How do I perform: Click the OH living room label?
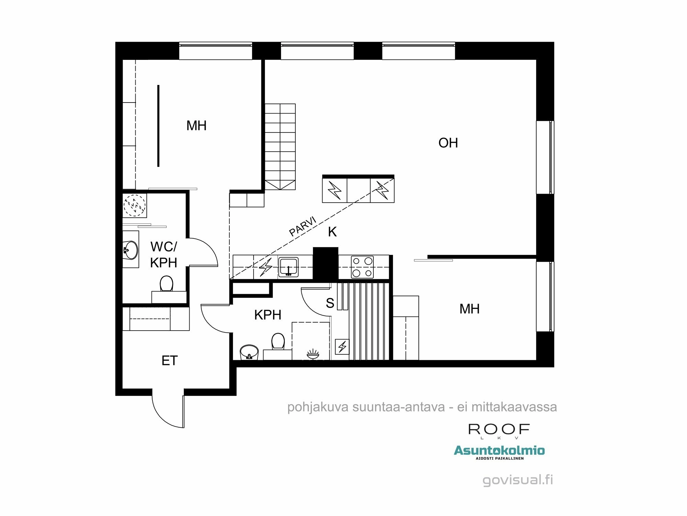tap(448, 143)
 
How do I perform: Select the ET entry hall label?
tap(169, 361)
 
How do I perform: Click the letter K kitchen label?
tap(332, 232)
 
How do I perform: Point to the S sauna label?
tap(330, 303)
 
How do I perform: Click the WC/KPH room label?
tap(164, 255)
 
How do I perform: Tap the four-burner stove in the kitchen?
tap(362, 267)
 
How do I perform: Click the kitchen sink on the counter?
tap(288, 267)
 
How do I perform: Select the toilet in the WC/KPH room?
tap(167, 284)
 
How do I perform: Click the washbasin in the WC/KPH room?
tap(131, 250)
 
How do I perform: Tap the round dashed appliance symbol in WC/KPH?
tap(135, 205)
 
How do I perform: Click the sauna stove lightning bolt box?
tap(342, 347)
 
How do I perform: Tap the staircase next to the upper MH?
tap(280, 146)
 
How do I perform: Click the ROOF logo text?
tap(499, 429)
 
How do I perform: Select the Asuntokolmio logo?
tap(499, 451)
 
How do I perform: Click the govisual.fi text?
tap(518, 480)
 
